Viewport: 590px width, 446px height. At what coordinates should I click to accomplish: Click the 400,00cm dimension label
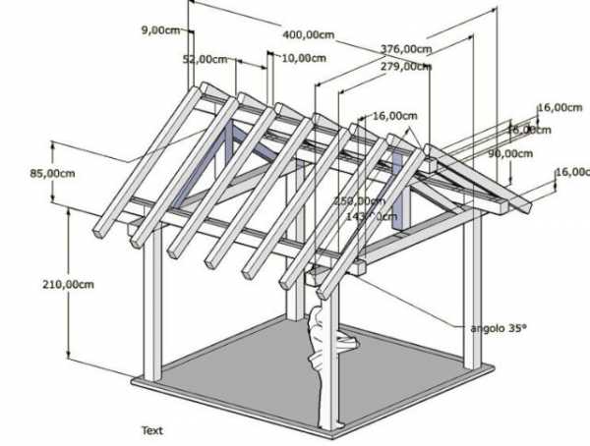click(309, 33)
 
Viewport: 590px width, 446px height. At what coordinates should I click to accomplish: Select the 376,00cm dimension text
click(406, 48)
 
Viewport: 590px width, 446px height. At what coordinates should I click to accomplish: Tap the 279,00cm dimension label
click(405, 66)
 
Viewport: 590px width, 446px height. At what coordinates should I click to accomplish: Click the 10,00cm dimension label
click(303, 58)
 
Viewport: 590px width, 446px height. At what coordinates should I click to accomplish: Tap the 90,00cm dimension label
click(510, 153)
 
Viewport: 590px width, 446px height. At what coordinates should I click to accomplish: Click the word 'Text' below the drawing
click(151, 430)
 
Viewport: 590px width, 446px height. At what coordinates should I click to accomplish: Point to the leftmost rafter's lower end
click(100, 232)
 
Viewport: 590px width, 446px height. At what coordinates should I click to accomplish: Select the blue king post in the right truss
click(398, 192)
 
